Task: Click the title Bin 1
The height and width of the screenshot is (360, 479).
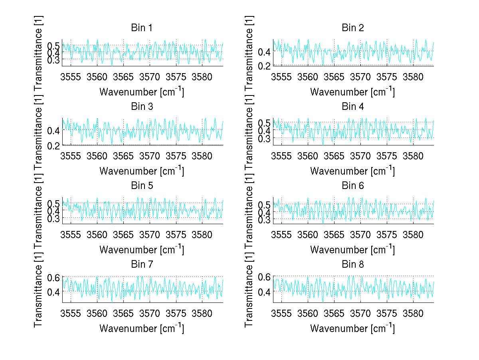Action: point(142,28)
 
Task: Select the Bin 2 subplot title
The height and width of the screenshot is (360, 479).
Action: point(352,28)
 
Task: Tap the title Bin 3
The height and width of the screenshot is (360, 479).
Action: point(142,107)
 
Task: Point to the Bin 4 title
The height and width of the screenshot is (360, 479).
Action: point(352,107)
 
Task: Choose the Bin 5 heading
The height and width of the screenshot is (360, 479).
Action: point(142,185)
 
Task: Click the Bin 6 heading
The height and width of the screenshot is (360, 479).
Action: point(352,185)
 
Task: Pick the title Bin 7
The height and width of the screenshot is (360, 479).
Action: point(142,264)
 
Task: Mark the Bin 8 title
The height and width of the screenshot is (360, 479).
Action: point(352,264)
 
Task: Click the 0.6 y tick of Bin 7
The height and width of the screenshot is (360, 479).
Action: point(55,277)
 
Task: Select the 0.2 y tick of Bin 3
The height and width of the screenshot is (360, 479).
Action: point(55,145)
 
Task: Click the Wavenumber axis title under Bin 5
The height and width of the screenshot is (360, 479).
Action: point(142,250)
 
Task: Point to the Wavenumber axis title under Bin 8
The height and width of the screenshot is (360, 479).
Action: point(352,328)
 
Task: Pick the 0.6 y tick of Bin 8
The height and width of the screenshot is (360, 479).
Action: point(265,277)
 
